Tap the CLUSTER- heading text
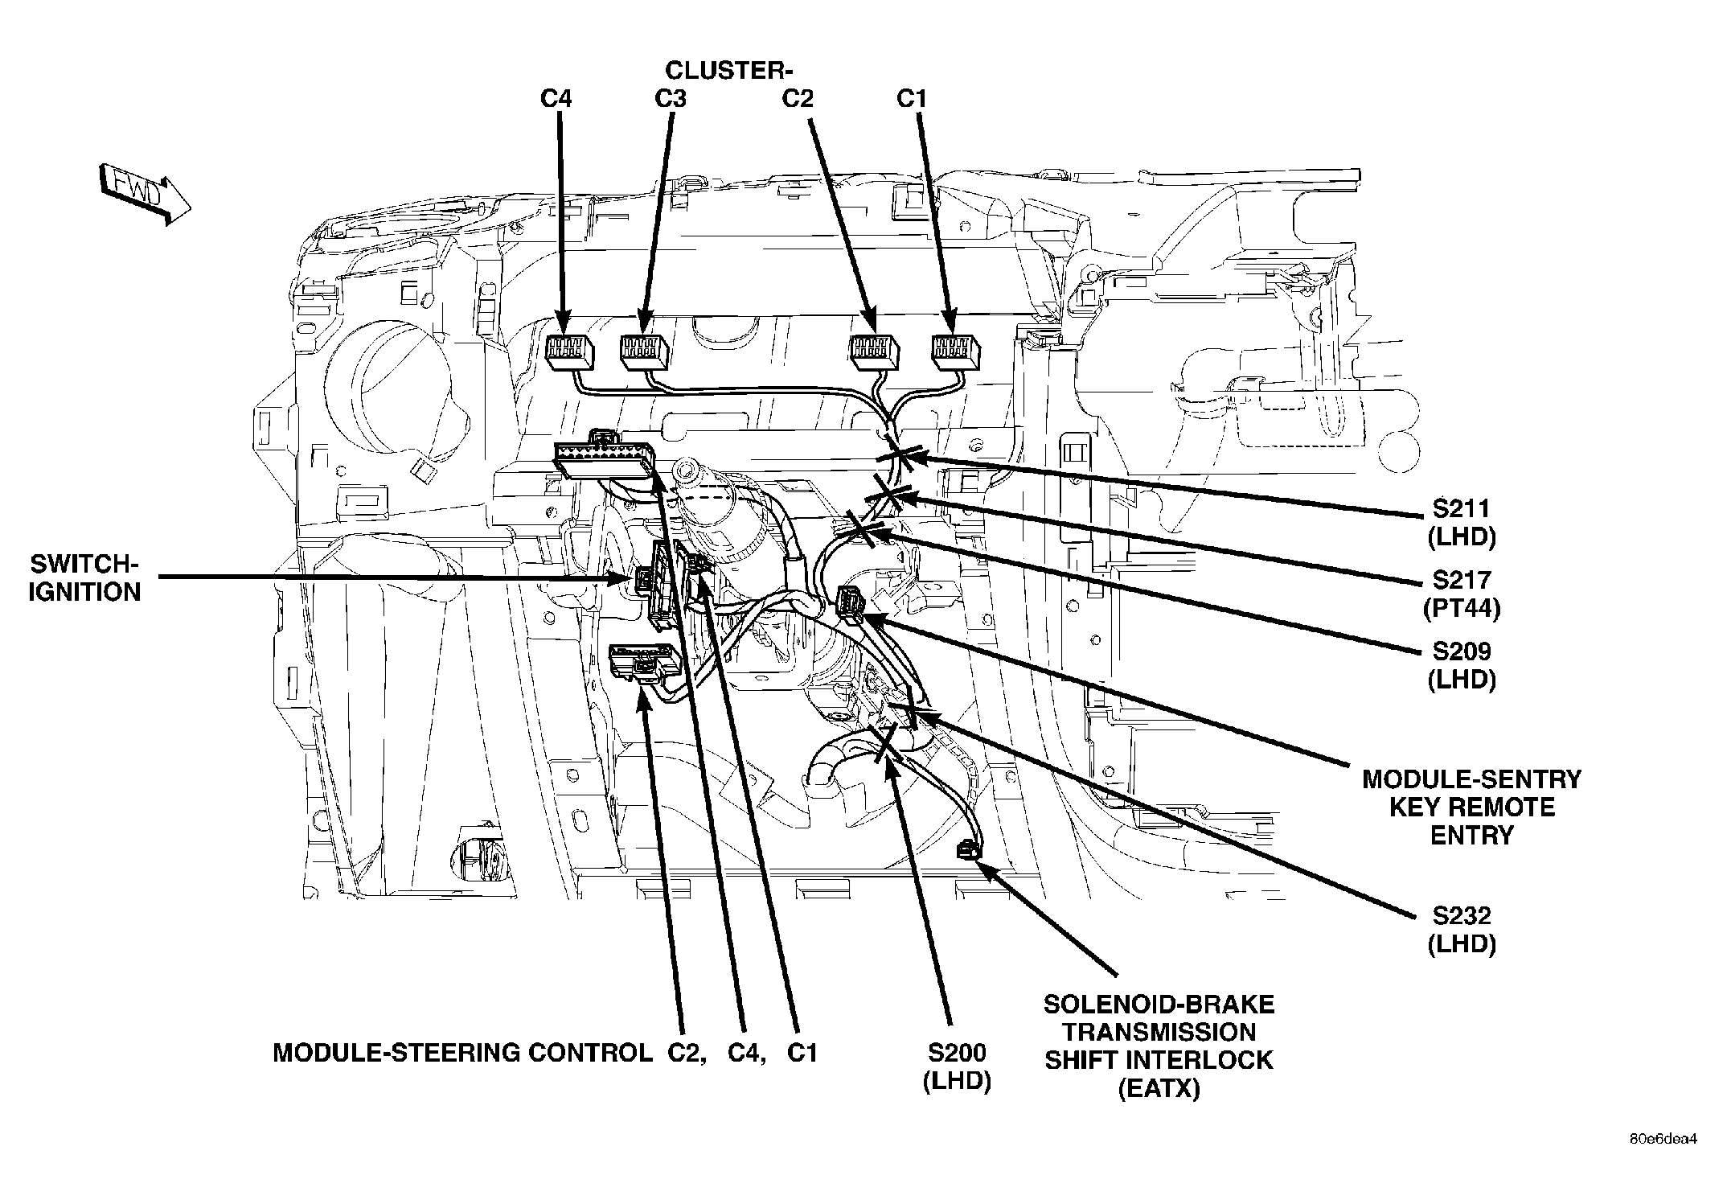[729, 71]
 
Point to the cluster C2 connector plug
[875, 352]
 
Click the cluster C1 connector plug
[955, 352]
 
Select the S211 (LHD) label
[1461, 523]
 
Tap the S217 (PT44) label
[1461, 594]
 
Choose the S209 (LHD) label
[1461, 665]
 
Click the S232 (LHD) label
[1461, 929]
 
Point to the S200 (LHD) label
[957, 1066]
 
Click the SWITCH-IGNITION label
[84, 577]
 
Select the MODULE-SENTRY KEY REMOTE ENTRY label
[1471, 807]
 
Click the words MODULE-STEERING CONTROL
[462, 1053]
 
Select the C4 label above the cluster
[556, 99]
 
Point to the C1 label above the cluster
[912, 99]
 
